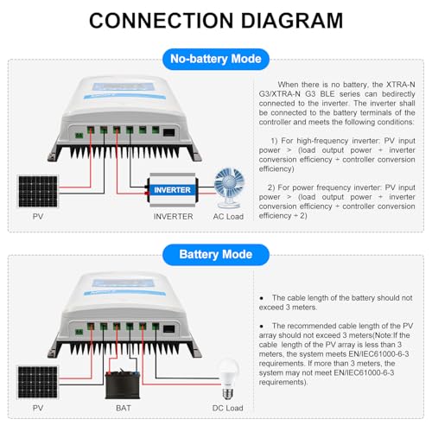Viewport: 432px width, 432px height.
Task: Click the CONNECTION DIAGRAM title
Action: tap(216, 20)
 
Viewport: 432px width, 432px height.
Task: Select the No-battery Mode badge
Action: tap(215, 60)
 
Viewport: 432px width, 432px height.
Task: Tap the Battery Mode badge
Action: tap(215, 255)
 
